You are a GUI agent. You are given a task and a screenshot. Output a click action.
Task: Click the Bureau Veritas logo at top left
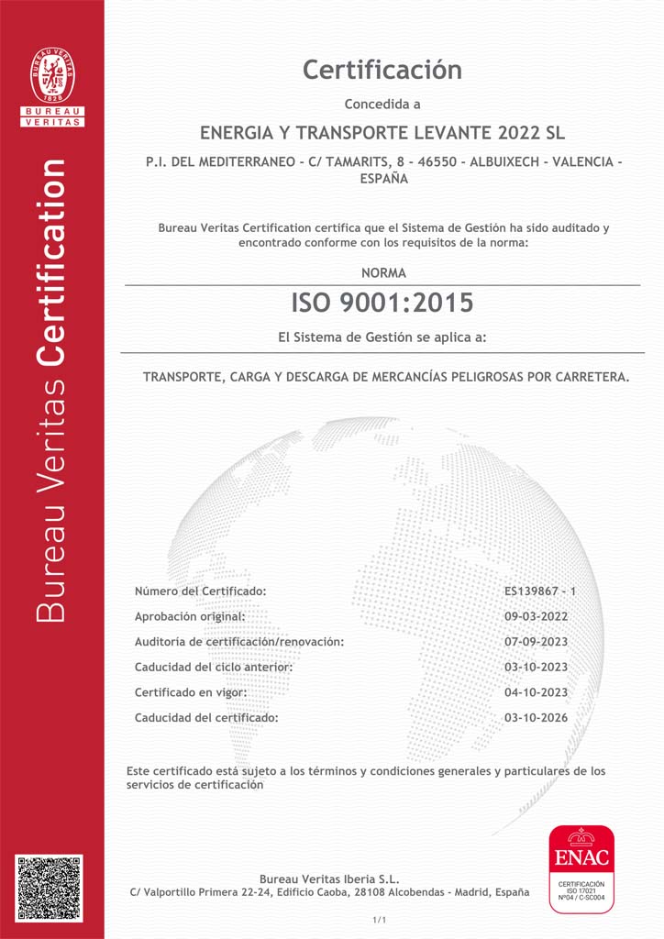(x=52, y=85)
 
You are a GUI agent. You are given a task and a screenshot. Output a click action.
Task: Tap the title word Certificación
(x=382, y=70)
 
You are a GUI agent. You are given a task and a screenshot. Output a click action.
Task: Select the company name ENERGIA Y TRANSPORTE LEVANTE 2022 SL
(x=382, y=132)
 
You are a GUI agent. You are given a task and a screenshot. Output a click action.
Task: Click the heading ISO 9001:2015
(x=382, y=302)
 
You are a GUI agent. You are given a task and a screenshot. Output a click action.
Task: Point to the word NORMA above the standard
(x=383, y=273)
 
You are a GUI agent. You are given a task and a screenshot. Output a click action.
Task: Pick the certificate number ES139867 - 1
(x=540, y=591)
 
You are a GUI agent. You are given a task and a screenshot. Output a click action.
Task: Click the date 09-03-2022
(x=537, y=616)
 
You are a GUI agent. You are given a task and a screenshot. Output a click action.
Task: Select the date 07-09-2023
(x=537, y=642)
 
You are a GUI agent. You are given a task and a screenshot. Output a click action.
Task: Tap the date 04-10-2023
(x=537, y=692)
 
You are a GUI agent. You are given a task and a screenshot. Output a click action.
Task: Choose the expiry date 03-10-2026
(x=537, y=717)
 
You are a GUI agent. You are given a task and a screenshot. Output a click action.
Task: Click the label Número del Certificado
(x=200, y=591)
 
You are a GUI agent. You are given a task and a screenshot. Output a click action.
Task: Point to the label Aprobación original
(x=190, y=616)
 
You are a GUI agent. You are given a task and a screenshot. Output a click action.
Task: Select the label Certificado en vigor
(x=190, y=692)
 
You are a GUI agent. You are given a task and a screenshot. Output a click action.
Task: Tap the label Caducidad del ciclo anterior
(x=214, y=667)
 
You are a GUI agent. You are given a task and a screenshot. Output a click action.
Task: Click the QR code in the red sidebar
(x=49, y=889)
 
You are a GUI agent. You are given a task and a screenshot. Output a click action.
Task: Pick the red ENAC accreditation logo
(x=581, y=869)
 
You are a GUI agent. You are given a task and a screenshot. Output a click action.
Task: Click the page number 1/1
(x=380, y=920)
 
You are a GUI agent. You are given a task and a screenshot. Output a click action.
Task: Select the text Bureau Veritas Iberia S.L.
(x=329, y=879)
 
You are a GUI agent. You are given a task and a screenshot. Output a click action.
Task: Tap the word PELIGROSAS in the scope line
(x=494, y=377)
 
